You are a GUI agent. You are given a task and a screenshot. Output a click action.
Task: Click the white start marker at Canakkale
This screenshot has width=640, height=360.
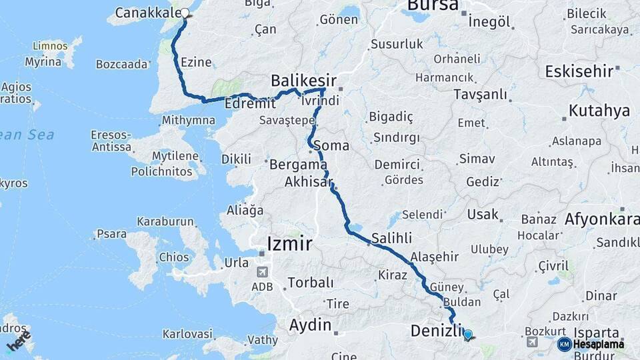click(x=185, y=12)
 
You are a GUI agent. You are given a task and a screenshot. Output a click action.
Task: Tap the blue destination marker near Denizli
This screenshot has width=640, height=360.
click(x=467, y=335)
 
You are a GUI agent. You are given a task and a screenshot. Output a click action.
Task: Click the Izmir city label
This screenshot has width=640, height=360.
click(x=289, y=244)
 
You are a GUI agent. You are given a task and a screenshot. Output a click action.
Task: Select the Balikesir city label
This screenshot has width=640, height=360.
click(x=303, y=81)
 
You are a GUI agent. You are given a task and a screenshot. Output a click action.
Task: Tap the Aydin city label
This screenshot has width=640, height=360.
click(x=309, y=325)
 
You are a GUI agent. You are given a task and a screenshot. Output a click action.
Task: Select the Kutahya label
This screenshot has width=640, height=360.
click(x=599, y=111)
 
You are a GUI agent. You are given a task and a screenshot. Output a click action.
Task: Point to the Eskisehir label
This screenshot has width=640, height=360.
click(x=579, y=71)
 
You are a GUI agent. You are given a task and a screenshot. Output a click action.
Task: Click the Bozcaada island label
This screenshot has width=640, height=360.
click(x=121, y=65)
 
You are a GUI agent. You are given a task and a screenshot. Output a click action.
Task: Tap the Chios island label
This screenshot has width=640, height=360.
click(x=173, y=257)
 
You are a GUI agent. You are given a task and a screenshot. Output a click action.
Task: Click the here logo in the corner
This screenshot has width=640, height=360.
click(x=18, y=341)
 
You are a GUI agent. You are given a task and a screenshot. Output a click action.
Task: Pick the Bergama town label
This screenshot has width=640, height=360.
click(x=297, y=164)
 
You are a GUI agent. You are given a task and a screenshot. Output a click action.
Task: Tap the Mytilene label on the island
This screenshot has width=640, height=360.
click(x=175, y=157)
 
